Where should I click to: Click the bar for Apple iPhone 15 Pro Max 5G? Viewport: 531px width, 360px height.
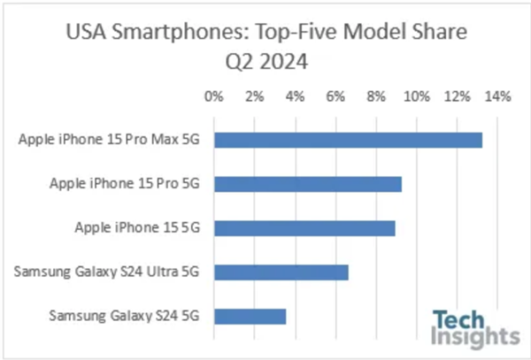(348, 140)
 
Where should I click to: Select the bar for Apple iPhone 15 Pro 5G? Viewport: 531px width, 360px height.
(307, 184)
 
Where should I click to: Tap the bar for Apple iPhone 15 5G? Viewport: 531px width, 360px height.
(304, 228)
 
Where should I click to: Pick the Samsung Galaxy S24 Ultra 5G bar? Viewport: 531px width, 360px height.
(281, 272)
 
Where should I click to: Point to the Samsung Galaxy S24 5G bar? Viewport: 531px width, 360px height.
(250, 316)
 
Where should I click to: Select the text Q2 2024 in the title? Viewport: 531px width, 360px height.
(265, 65)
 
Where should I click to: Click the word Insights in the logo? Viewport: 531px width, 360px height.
(475, 336)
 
